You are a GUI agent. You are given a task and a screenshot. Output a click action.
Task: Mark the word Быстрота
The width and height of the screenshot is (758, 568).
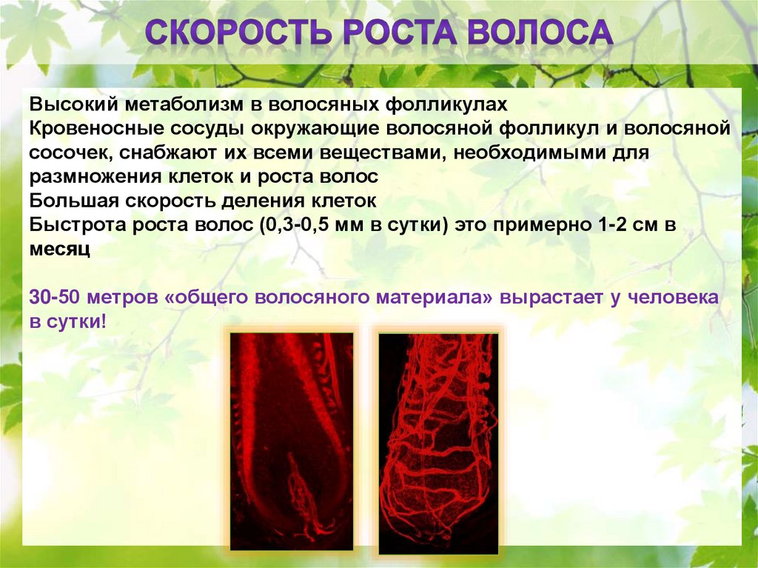tap(77, 225)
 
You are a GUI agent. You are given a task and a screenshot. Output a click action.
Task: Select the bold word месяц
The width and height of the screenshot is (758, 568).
tap(59, 249)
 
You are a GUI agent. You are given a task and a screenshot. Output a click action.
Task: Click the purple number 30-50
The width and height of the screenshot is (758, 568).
tap(53, 297)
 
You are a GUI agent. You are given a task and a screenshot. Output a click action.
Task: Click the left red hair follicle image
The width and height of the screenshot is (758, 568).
tap(292, 441)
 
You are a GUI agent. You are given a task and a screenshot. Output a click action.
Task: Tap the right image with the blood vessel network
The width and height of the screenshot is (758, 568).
tap(438, 443)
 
